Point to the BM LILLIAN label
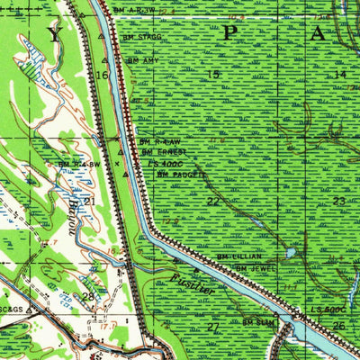[x=238, y=256]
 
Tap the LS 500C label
[x=325, y=310]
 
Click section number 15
[x=213, y=74]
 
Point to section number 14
[x=339, y=75]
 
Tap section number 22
[x=212, y=202]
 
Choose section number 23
[x=338, y=201]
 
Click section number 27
[x=213, y=326]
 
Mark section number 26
[x=337, y=325]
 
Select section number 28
[x=87, y=295]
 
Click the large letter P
[x=229, y=34]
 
